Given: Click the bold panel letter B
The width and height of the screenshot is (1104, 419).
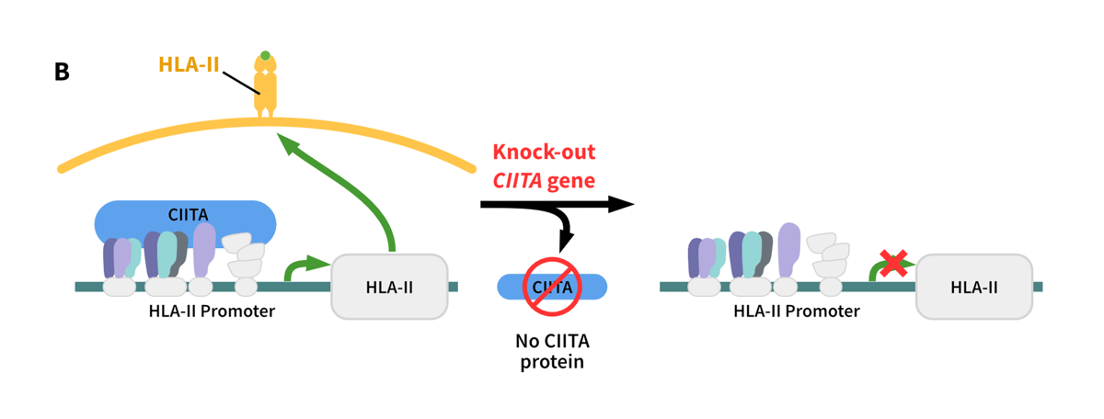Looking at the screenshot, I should (x=62, y=71).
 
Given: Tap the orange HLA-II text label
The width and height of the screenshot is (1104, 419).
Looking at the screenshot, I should (x=189, y=64).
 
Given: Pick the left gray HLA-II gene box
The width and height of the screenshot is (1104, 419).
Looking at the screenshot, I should (x=389, y=287).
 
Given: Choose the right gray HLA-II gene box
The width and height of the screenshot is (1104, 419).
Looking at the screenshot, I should (x=973, y=287).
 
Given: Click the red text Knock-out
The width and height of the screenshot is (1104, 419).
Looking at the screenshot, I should (x=544, y=153).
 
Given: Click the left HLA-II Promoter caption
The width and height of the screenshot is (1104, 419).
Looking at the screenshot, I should (x=212, y=311).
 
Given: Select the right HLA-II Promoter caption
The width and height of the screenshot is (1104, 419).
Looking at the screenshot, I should (x=797, y=311).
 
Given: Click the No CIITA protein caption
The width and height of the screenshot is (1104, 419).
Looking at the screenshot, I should (x=552, y=351).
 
